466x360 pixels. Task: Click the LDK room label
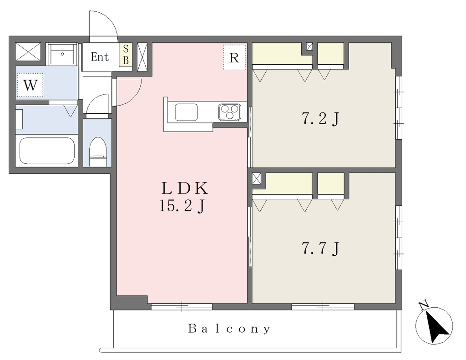pos(184,188)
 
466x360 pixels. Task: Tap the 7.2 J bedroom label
pos(321,119)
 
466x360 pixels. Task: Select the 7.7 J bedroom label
pos(321,248)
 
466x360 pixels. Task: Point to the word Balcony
pos(229,329)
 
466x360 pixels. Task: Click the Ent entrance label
pos(100,57)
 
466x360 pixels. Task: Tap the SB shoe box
pos(126,54)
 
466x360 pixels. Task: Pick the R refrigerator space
pos(234,57)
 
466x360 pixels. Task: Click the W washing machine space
pos(30,85)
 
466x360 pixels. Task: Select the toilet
pos(98,152)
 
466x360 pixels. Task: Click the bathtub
pos(47,151)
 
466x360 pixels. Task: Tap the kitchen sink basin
pos(186,112)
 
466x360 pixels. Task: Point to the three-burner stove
pos(230,112)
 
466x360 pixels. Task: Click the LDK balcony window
pos(182,306)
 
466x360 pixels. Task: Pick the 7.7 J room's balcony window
pos(323,306)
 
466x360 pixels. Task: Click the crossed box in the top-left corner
pos(28,52)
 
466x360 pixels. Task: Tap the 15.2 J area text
pos(182,206)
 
